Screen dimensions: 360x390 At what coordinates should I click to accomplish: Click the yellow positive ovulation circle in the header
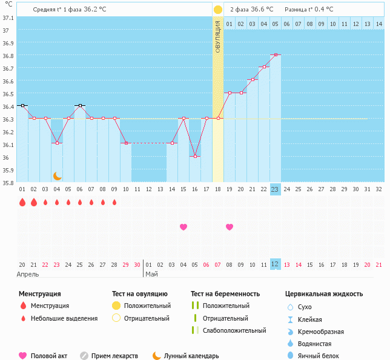click(218, 10)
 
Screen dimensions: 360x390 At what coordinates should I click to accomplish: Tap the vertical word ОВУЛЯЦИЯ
click(218, 36)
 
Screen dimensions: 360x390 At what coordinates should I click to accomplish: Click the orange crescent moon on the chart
click(58, 175)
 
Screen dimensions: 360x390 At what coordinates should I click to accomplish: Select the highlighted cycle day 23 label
click(275, 189)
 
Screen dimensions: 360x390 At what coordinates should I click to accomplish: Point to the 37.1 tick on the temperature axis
click(8, 18)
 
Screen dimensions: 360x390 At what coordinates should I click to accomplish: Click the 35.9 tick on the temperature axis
click(8, 171)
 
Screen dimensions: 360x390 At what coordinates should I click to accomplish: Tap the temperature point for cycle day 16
click(195, 156)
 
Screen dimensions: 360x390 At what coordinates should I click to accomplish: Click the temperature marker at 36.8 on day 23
click(276, 54)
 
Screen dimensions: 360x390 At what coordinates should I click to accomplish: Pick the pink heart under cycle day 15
click(183, 227)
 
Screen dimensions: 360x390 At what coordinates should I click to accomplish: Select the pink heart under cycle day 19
click(230, 227)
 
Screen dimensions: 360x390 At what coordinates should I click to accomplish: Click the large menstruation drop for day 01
click(22, 202)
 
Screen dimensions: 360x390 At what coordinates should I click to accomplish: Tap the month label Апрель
click(28, 274)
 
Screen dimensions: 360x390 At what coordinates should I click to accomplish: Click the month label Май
click(151, 274)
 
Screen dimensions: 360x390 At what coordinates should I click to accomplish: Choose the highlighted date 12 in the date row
click(275, 264)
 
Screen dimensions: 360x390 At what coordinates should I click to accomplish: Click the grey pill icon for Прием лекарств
click(84, 356)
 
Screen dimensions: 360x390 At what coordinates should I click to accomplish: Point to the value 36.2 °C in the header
click(111, 10)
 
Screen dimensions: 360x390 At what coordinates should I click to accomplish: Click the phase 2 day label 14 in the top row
click(378, 24)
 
